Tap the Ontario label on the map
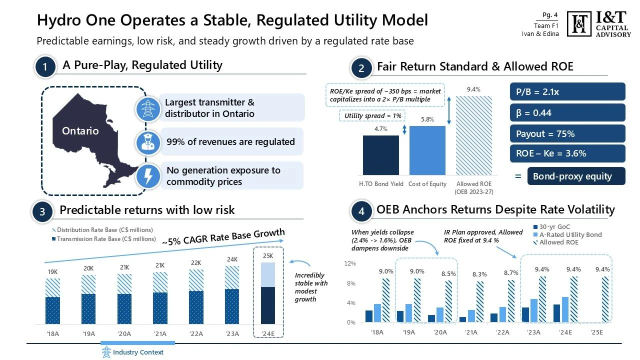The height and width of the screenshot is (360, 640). click(x=80, y=131)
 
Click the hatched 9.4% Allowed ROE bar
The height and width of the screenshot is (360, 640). click(x=474, y=135)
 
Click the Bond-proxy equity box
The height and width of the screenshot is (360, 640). click(x=576, y=176)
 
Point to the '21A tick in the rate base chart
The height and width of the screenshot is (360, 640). click(x=160, y=333)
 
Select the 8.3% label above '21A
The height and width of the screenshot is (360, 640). click(x=479, y=274)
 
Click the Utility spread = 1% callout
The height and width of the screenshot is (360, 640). click(x=373, y=116)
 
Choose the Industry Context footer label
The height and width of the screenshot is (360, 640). click(x=138, y=352)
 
